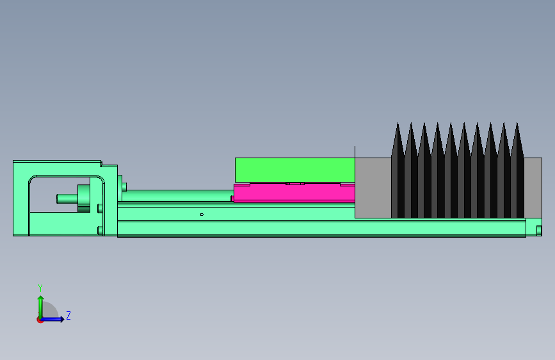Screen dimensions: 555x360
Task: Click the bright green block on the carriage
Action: (x=295, y=170)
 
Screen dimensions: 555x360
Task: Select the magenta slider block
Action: (x=294, y=193)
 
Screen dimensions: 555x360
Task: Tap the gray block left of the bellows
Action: (x=373, y=188)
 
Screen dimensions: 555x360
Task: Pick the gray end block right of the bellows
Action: (x=533, y=188)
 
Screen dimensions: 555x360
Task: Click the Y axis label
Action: (x=40, y=288)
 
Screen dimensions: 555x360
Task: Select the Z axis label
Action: (x=68, y=315)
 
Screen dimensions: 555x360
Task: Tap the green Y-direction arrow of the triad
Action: (x=41, y=307)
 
